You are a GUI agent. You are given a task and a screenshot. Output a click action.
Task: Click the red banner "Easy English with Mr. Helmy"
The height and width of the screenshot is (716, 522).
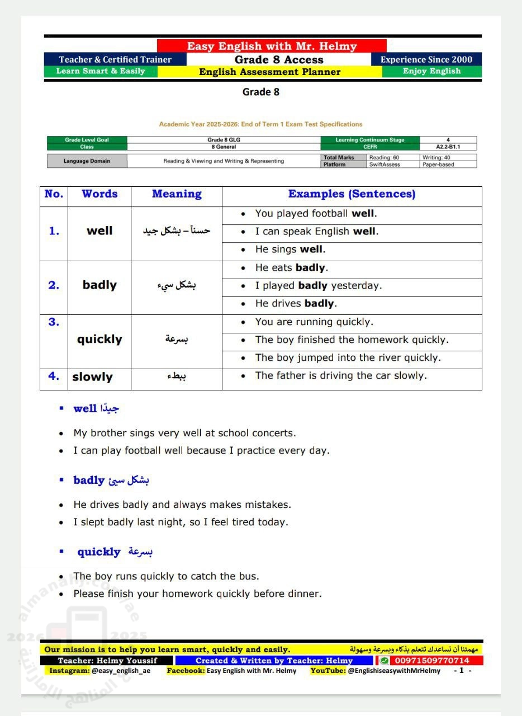(272, 46)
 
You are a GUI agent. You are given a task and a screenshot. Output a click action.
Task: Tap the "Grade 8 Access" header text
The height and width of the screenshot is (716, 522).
(279, 60)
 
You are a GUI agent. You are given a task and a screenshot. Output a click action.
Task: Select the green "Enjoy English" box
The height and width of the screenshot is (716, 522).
(431, 71)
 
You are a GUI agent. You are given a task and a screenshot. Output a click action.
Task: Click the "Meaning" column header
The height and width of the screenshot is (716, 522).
(177, 194)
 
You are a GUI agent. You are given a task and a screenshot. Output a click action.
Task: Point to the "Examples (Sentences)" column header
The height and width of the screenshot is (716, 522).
(352, 194)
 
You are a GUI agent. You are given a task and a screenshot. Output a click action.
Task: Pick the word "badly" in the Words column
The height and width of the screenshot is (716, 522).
(99, 285)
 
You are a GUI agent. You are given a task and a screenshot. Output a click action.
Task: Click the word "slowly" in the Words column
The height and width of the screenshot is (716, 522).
(92, 377)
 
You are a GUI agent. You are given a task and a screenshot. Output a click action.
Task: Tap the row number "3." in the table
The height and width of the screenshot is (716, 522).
(54, 322)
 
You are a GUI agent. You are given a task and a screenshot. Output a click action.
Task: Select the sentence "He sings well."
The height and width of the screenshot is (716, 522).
(290, 249)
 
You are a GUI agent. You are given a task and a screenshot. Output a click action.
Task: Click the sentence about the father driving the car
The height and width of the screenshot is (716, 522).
(341, 376)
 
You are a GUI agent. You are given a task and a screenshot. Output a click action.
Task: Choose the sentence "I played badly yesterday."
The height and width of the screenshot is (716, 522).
(318, 286)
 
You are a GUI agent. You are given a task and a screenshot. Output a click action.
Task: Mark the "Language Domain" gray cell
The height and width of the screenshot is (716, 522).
(87, 161)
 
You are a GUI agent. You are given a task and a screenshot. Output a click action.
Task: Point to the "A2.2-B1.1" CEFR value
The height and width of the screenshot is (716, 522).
(448, 147)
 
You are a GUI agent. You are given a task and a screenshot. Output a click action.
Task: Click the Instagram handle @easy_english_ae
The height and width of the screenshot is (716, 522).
(121, 671)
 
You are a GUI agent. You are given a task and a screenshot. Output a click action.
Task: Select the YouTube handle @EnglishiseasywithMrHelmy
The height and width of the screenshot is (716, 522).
(393, 671)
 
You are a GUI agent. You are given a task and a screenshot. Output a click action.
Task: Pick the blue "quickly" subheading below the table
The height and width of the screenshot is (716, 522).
(99, 552)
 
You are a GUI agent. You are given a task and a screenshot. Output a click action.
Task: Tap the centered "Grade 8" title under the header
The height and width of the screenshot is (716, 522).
(260, 92)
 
